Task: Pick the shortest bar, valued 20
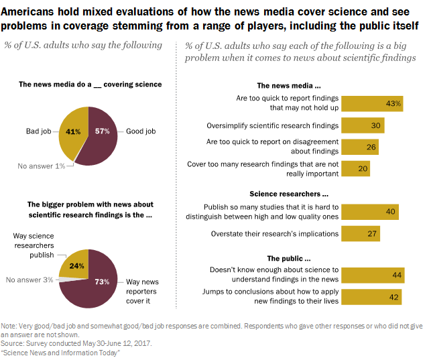[x=356, y=169]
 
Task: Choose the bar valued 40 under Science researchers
[x=370, y=212]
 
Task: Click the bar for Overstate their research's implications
[x=361, y=234]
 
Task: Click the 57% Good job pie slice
[x=101, y=135]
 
